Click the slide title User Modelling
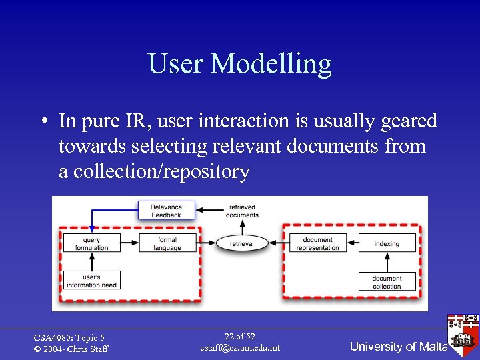[240, 64]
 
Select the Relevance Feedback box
[166, 211]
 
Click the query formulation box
[92, 243]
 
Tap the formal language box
[167, 243]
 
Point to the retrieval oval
[241, 243]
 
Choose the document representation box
[317, 243]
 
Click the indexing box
[387, 243]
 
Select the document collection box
[387, 282]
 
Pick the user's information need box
[92, 281]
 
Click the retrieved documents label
[242, 211]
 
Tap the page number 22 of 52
[240, 337]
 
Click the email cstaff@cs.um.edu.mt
[240, 348]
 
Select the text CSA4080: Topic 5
[69, 338]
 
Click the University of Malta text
[397, 347]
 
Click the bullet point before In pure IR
[42, 122]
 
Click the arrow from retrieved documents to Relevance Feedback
[212, 211]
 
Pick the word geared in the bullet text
[407, 121]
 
